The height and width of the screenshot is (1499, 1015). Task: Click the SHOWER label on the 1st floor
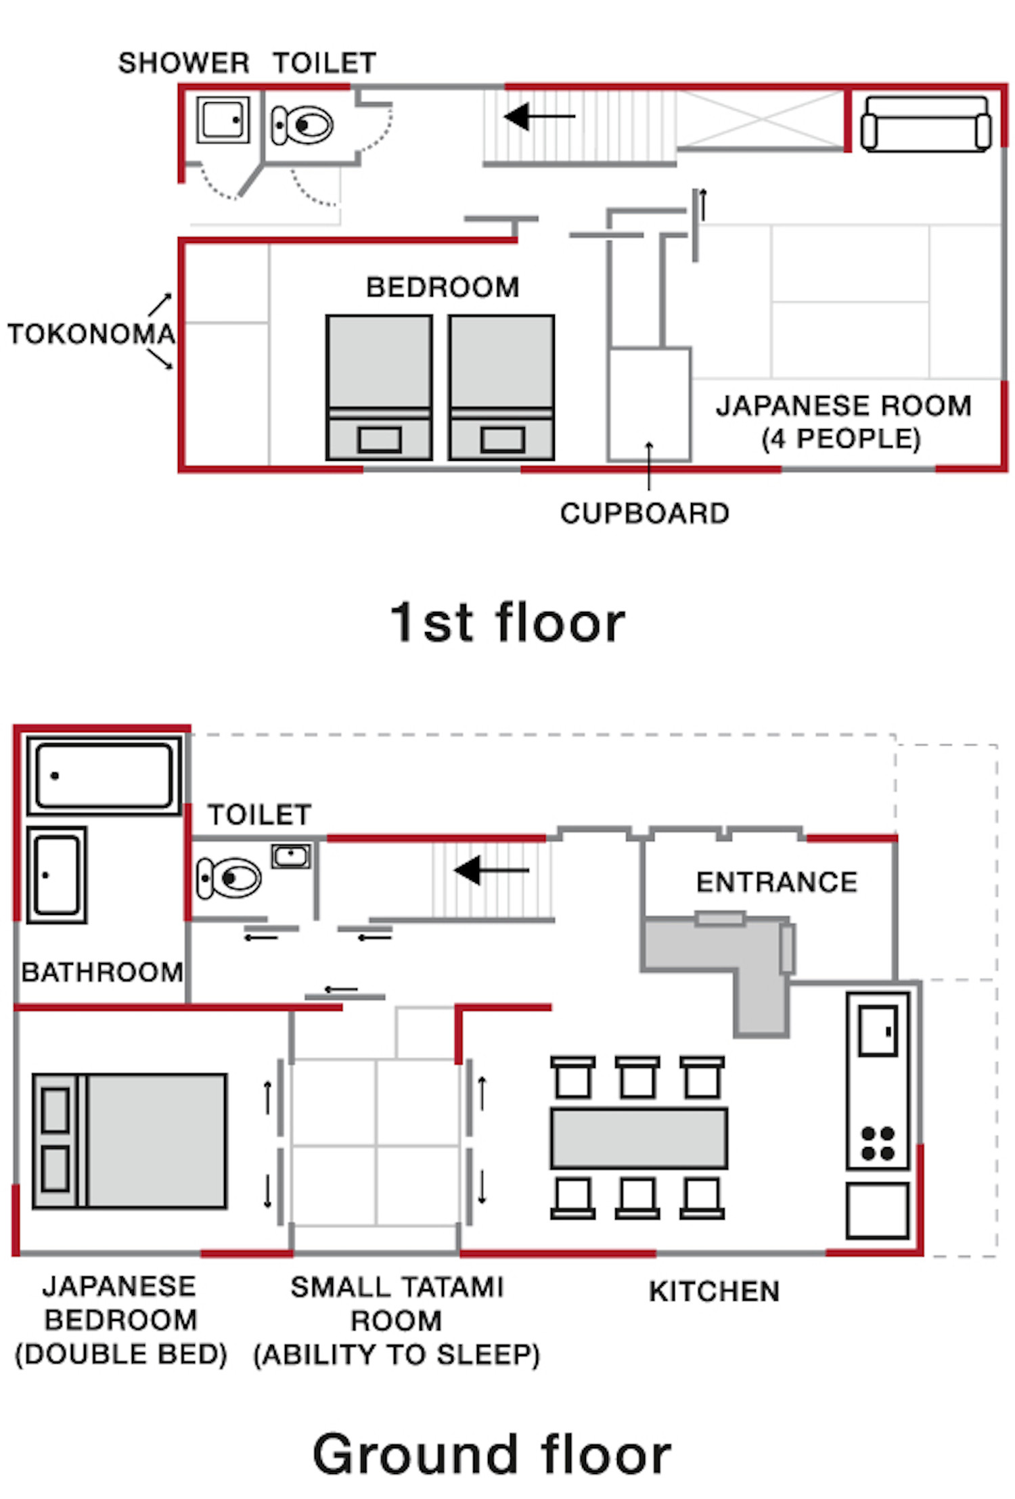pos(183,63)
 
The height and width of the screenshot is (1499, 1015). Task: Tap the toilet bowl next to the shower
pos(302,125)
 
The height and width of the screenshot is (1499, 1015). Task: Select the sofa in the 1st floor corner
pos(926,125)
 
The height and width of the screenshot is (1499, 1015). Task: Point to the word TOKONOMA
pos(91,334)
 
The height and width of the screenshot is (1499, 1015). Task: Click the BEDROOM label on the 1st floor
pos(443,287)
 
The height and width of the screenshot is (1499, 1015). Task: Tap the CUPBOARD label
pos(644,514)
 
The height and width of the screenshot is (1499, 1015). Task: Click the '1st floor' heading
pos(507,622)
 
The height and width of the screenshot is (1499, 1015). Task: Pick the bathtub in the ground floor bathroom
pos(104,775)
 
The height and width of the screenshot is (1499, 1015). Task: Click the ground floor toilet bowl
pos(229,878)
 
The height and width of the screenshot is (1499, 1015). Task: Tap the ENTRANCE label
pos(777,882)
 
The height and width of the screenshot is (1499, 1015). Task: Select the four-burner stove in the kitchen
pos(878,1143)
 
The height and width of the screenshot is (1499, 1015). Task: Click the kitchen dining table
pos(639,1138)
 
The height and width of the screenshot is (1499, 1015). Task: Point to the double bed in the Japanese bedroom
pos(129,1140)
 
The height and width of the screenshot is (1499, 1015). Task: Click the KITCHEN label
pos(714,1291)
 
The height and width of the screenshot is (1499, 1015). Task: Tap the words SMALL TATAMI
pos(397,1287)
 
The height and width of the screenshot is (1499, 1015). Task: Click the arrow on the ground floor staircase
pos(491,870)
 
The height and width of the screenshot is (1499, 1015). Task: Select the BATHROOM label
pos(102,972)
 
